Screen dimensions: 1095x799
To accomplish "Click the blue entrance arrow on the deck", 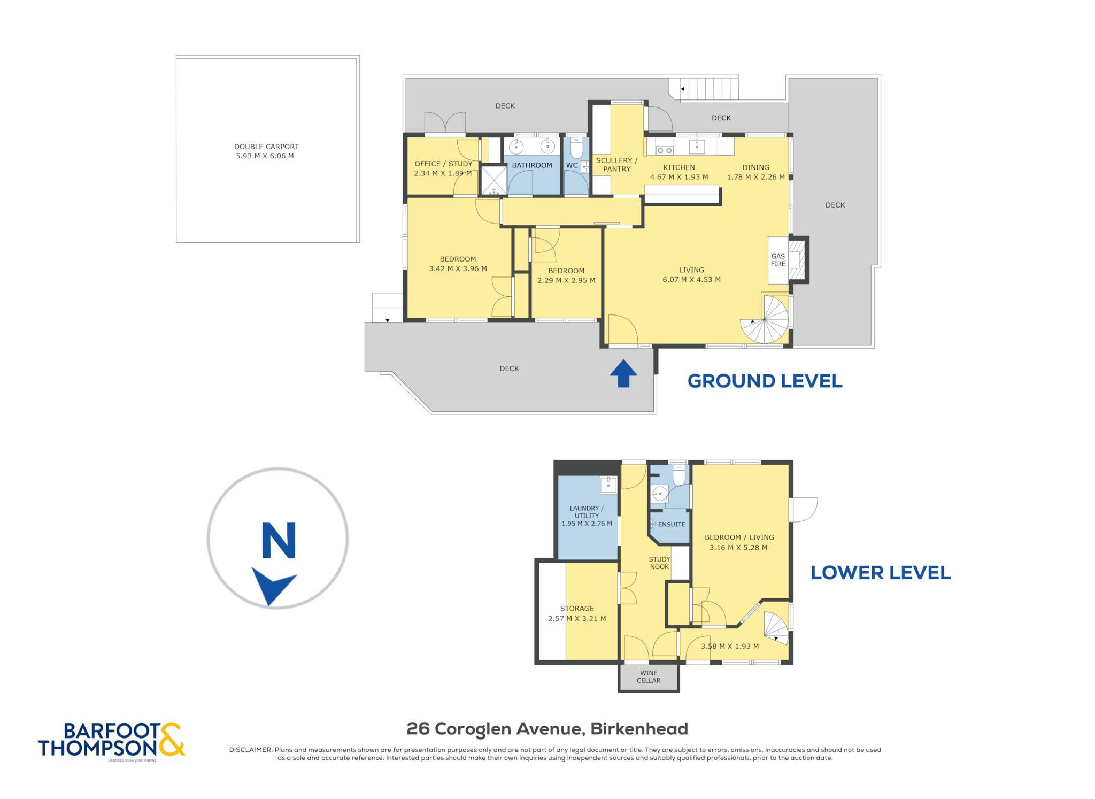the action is click(x=623, y=373).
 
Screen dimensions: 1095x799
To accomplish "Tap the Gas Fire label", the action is click(x=778, y=260).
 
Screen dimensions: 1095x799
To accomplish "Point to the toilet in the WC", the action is click(x=576, y=148).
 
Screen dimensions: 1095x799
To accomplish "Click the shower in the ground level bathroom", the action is click(x=493, y=180).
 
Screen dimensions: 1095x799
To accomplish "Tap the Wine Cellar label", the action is click(x=649, y=677).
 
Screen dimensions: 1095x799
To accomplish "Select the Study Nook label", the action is click(x=659, y=563).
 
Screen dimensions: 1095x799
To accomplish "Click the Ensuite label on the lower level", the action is click(x=672, y=524).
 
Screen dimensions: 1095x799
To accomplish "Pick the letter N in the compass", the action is click(x=279, y=540).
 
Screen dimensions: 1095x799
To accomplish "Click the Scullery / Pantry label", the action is click(x=617, y=165).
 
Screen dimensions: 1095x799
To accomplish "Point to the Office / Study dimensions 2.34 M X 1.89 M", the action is click(x=443, y=173).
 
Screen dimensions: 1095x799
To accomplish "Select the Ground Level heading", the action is click(x=765, y=381).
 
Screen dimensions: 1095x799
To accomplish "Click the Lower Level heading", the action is click(x=881, y=573).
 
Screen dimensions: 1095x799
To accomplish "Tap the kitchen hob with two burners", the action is click(x=664, y=150).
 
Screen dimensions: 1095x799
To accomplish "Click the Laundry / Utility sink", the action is click(x=608, y=485).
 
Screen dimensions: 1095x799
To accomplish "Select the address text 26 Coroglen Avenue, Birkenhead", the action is click(x=547, y=728).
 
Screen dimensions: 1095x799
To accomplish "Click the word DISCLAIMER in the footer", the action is click(x=250, y=750).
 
